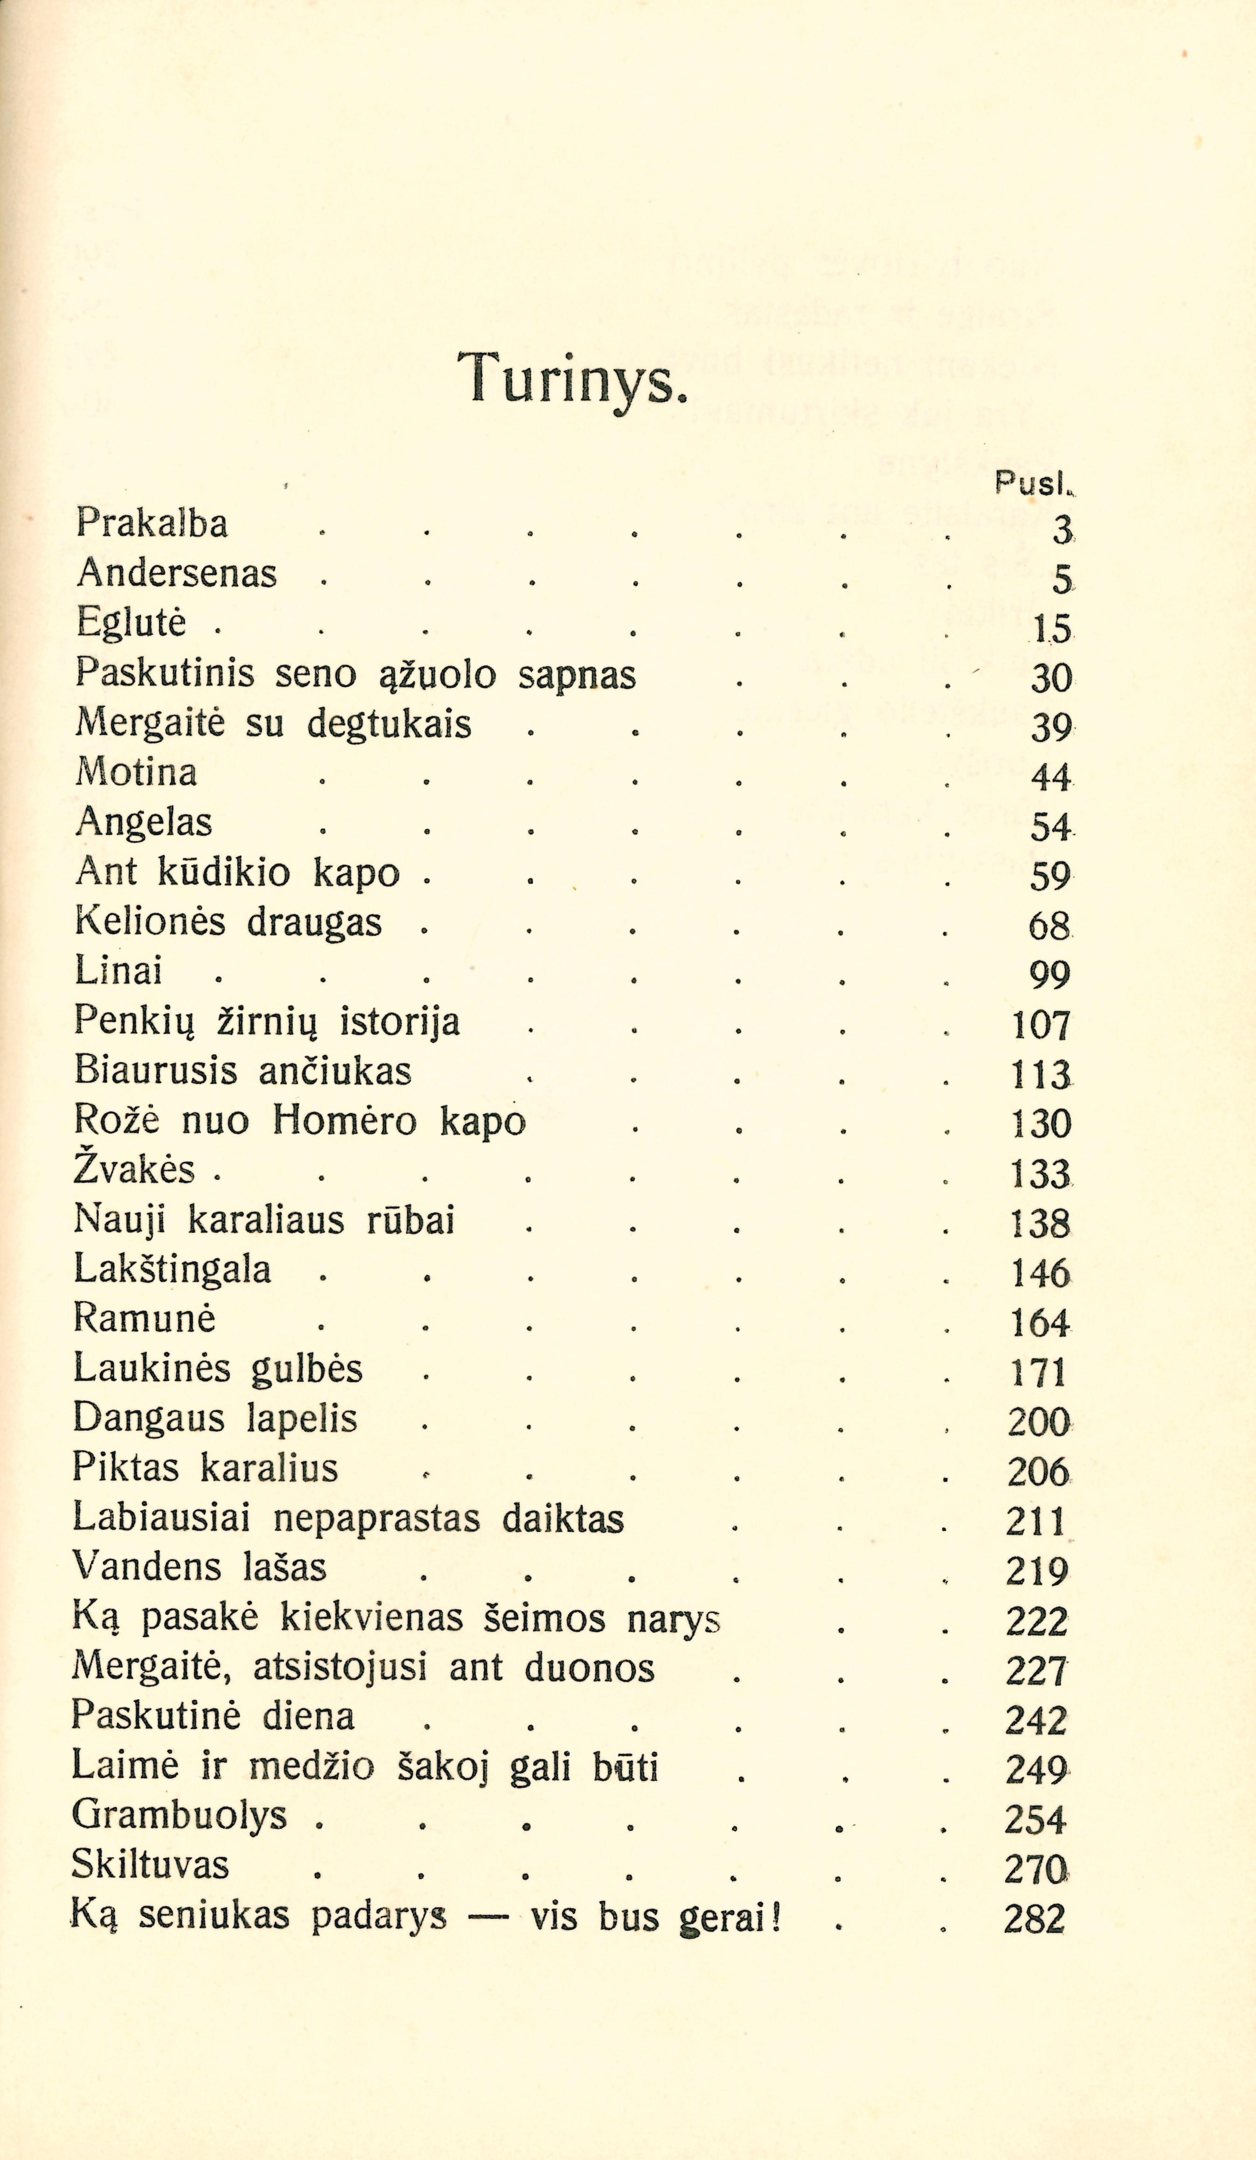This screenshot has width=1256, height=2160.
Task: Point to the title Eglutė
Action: point(130,623)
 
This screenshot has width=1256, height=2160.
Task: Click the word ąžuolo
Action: point(437,675)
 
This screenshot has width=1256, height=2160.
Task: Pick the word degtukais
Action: point(389,724)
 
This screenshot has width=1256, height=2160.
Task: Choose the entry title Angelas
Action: point(144,824)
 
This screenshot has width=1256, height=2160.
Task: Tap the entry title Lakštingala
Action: point(172,1269)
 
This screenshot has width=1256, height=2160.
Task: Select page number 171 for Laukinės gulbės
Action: point(1037,1372)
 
